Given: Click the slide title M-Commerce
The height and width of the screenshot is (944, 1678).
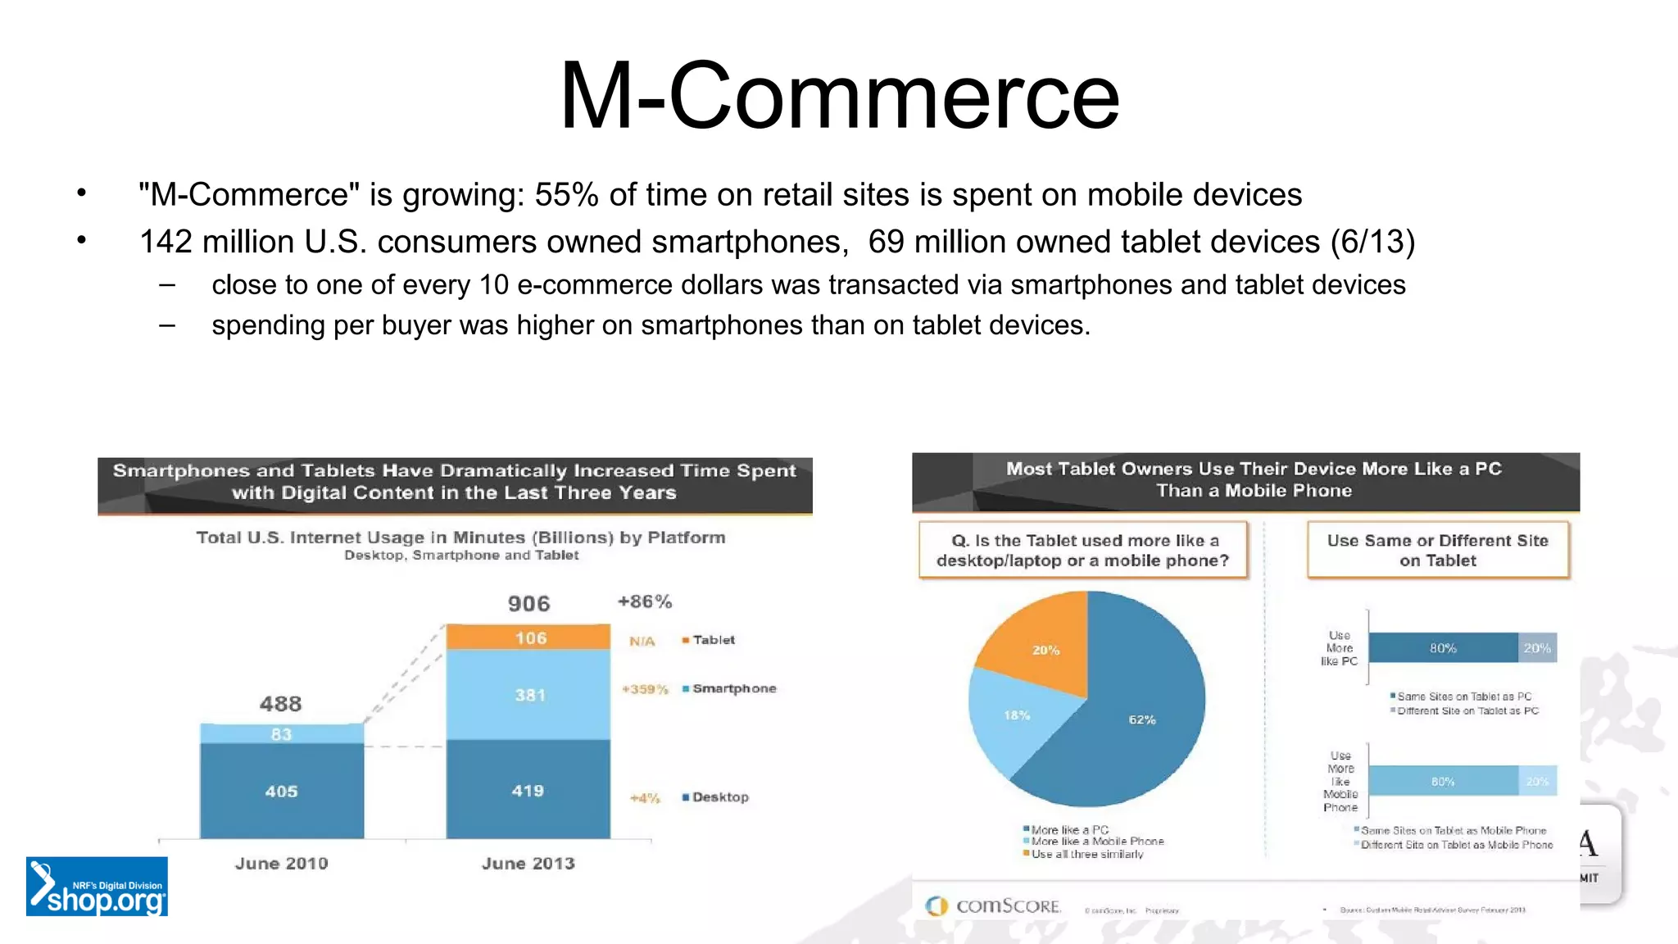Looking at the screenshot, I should pos(839,97).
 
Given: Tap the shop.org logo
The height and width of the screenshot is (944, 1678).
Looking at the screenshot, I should pos(97,887).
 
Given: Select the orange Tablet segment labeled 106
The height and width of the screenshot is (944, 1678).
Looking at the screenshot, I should pos(528,637).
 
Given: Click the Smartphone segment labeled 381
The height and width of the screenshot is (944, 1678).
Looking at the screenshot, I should pos(528,695).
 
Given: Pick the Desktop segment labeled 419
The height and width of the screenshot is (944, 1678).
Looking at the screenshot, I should pos(528,790).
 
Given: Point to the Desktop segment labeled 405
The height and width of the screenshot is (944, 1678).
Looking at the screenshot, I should pos(282,791).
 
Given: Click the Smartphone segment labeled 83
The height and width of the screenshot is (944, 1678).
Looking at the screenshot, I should pos(282,733).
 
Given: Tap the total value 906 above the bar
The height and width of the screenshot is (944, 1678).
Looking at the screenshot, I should pos(528,604).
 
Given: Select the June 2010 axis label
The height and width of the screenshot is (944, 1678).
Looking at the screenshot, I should pos(282,863).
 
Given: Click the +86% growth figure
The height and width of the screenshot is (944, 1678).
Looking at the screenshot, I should pos(645,601).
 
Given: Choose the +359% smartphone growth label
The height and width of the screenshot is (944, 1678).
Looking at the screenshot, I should pos(645,689).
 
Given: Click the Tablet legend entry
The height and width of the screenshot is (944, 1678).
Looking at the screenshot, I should pos(710,640).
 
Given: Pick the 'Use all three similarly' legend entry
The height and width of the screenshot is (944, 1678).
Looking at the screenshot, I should pos(1083,854).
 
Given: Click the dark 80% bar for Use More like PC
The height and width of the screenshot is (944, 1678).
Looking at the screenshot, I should pos(1443,648).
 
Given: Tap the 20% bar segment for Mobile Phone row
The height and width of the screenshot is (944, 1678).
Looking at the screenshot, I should pos(1537,781).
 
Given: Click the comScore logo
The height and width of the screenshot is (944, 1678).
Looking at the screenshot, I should pos(993,905).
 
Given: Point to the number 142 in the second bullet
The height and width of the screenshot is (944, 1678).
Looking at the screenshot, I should pos(166,242).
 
